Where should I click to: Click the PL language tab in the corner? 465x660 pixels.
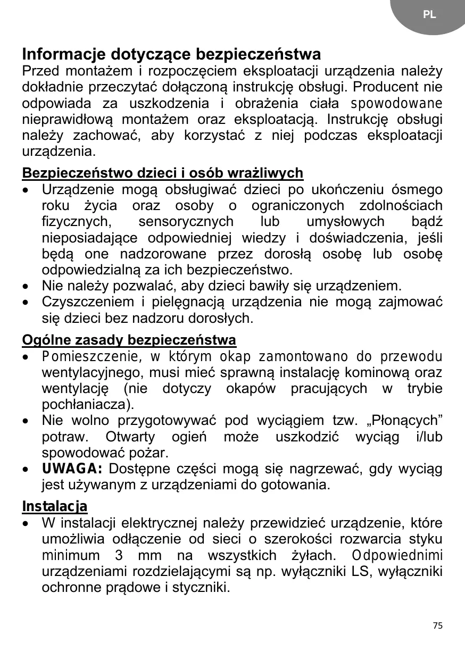tap(429, 15)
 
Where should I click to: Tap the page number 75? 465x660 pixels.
tap(437, 625)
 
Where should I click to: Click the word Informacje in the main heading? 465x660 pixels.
tap(63, 54)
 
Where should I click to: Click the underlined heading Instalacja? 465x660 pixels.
tap(54, 506)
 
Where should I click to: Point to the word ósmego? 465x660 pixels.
tap(417, 189)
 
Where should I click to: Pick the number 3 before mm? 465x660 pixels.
tap(118, 556)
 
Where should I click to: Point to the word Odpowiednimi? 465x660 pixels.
tap(397, 556)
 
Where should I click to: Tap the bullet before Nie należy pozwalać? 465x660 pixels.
tap(26, 286)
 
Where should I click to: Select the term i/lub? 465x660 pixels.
tap(427, 437)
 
